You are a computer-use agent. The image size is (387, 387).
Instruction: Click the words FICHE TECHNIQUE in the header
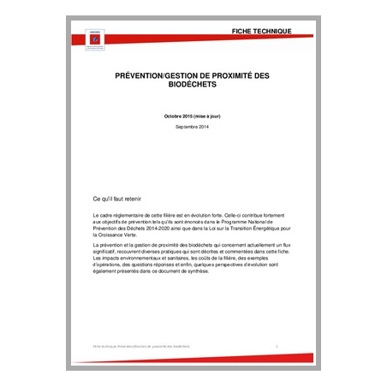(x=261, y=32)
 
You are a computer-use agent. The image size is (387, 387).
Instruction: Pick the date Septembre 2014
(x=192, y=127)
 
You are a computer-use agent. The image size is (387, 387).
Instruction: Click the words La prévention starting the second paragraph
(x=105, y=246)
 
